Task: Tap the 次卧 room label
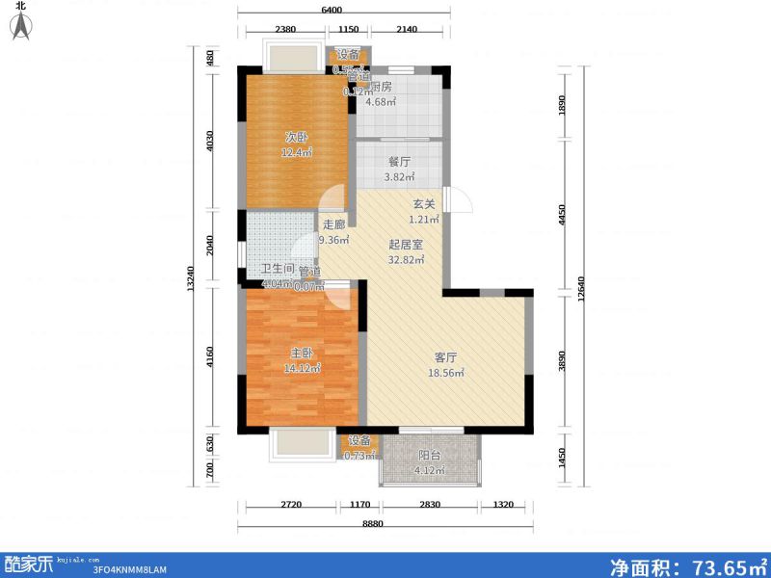[296, 136]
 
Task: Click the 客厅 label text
[446, 357]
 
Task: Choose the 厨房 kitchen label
[380, 87]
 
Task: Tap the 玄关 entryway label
[425, 203]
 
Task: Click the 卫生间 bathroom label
[277, 271]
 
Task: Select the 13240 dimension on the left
[193, 279]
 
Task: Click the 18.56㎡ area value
[447, 373]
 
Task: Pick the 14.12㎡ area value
[302, 368]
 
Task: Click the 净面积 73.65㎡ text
[686, 565]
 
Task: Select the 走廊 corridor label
[333, 225]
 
